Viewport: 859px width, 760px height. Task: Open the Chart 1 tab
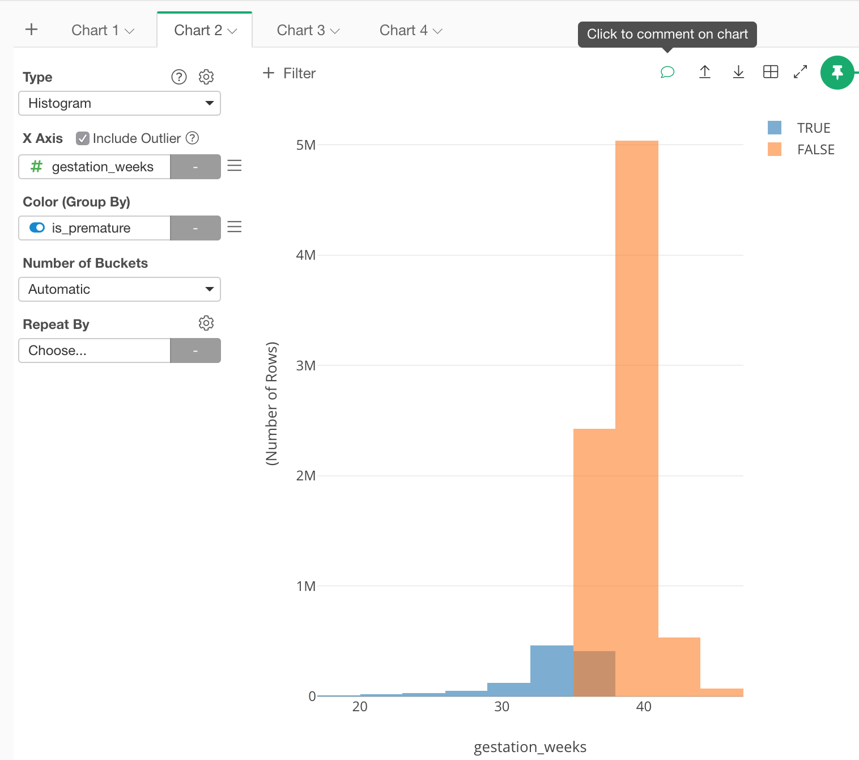pos(102,31)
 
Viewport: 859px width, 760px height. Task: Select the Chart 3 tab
pos(308,31)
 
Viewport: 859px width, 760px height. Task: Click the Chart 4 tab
pos(410,31)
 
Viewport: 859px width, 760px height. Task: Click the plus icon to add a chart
pos(32,29)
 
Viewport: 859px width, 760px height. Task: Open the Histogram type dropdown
pos(120,103)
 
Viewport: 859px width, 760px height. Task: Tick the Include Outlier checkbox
pos(83,138)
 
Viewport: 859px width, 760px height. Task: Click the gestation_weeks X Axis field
pos(95,167)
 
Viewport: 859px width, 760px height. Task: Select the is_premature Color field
pos(95,228)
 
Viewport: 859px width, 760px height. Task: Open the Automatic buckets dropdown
pos(120,289)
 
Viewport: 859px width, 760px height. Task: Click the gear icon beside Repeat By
pos(206,323)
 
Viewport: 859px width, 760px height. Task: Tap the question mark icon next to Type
pos(179,77)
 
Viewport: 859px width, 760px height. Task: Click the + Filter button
pos(290,73)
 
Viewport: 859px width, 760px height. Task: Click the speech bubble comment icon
pos(667,72)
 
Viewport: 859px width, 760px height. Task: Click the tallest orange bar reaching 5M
pos(637,397)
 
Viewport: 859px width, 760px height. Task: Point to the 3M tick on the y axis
pos(306,366)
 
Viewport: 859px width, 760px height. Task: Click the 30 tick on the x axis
pos(502,707)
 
